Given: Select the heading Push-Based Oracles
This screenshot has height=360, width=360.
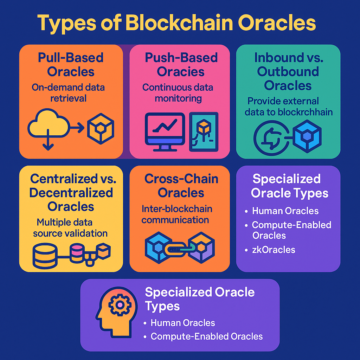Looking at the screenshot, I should [181, 65].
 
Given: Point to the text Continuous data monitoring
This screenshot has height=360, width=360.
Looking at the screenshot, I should [178, 93].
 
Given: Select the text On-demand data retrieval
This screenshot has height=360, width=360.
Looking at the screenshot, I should [68, 92].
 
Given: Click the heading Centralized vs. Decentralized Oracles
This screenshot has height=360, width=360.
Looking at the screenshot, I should [71, 192].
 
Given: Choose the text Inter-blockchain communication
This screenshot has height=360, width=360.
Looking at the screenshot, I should [176, 214].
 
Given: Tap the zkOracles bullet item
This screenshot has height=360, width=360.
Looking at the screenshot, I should [274, 250].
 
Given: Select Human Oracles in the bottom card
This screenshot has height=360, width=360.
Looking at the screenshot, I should [182, 323].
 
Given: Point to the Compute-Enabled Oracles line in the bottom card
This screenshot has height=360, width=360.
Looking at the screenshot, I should [206, 336].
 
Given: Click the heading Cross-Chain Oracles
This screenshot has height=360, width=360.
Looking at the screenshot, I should [181, 186].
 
